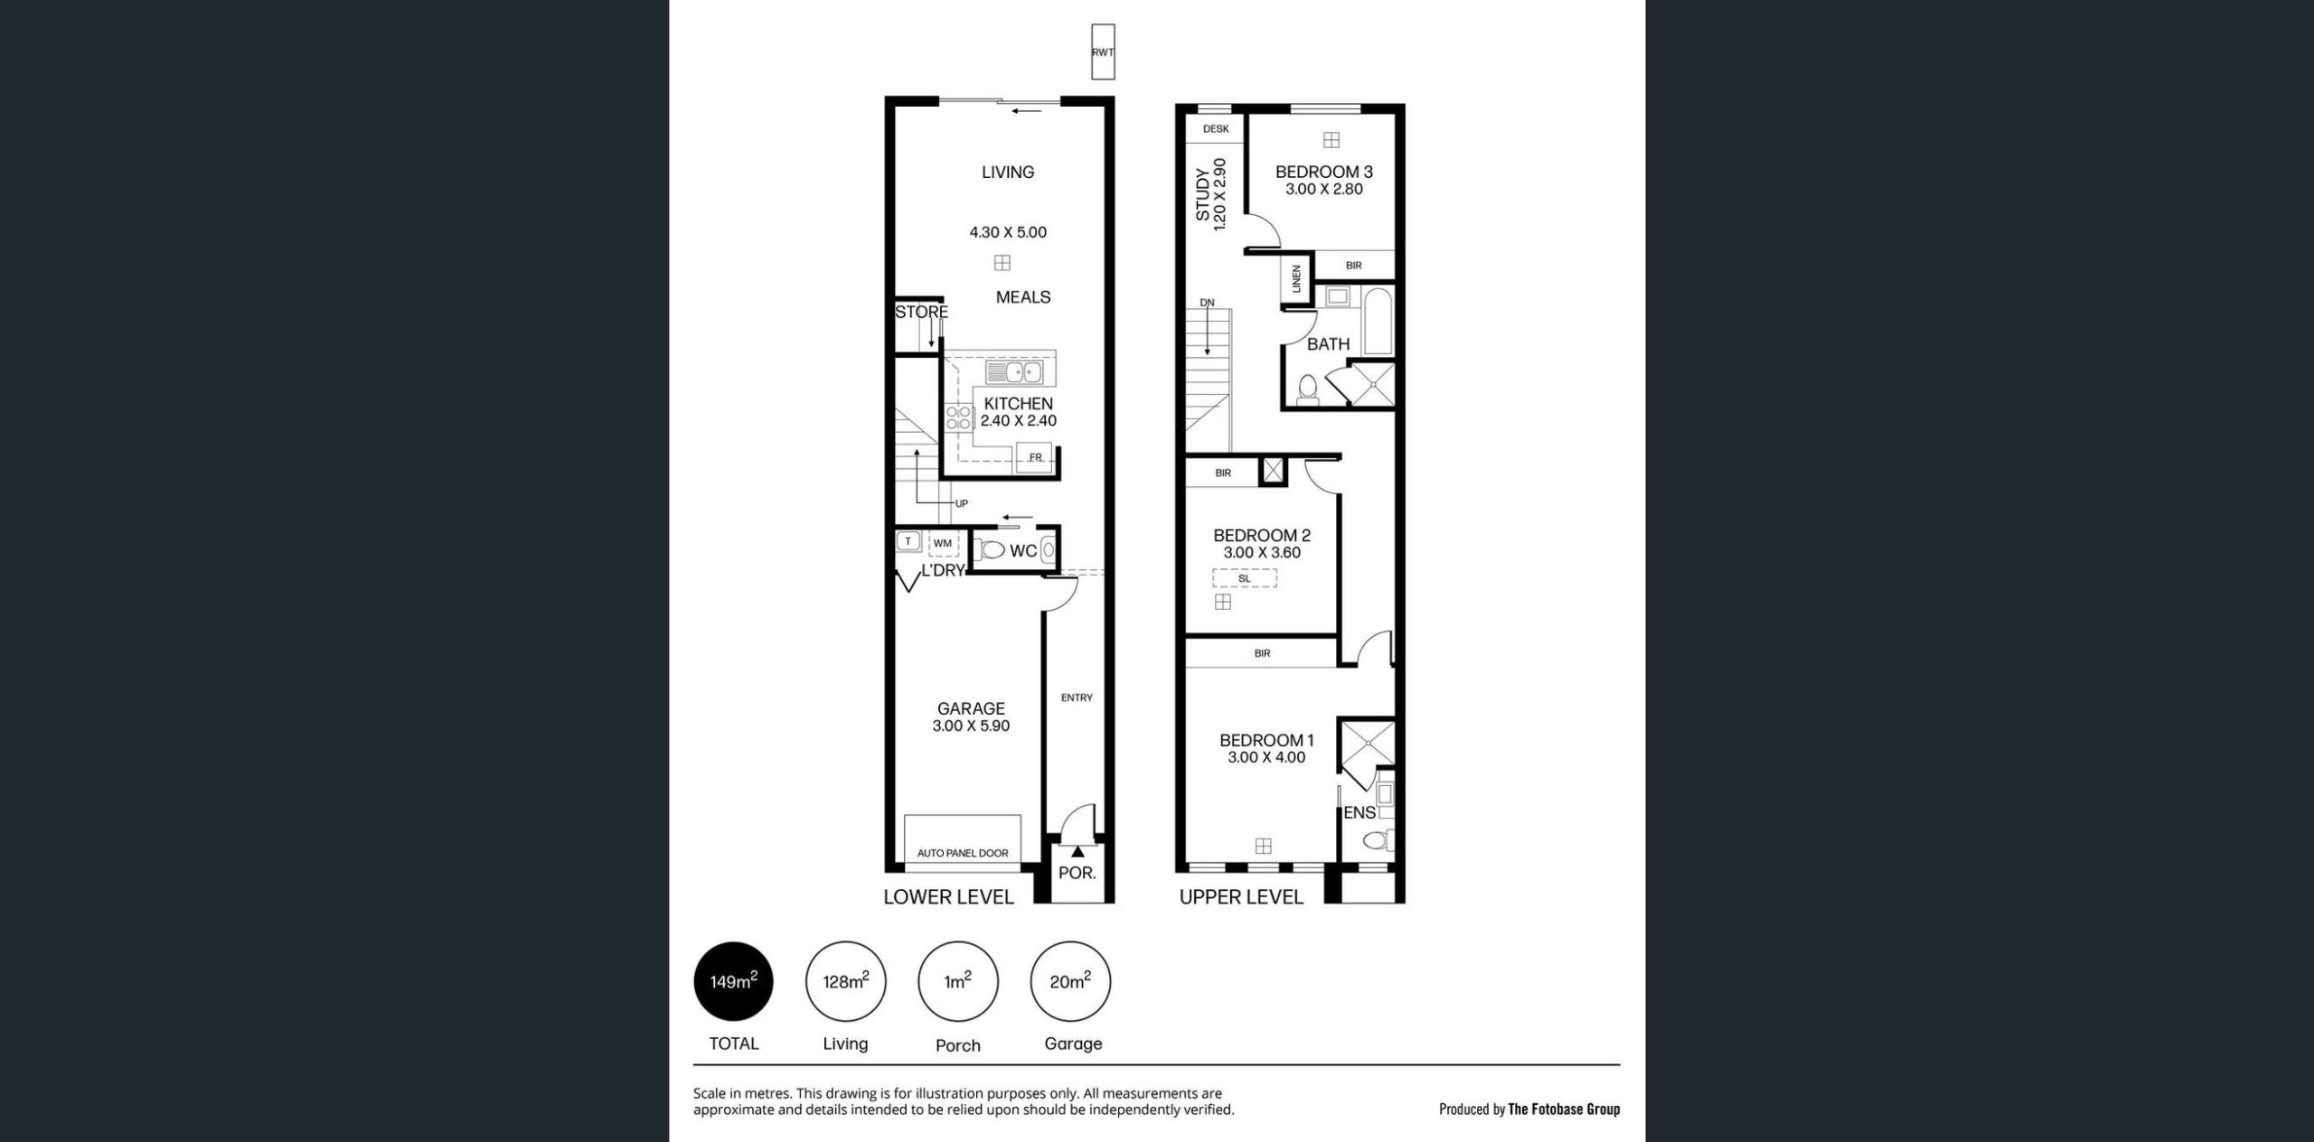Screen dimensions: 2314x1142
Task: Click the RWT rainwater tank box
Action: click(x=1103, y=51)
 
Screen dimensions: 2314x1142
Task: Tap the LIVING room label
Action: click(x=1008, y=172)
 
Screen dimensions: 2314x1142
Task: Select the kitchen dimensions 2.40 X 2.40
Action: click(x=1019, y=420)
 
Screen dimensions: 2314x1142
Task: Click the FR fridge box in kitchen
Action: click(x=1035, y=456)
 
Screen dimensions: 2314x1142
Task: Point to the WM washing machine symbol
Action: click(x=943, y=543)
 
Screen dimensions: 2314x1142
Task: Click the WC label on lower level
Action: click(x=1023, y=551)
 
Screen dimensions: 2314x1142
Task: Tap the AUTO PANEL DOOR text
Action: click(x=963, y=853)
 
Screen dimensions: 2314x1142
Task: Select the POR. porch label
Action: click(x=1077, y=873)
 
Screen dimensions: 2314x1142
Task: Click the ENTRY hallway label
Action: click(x=1077, y=697)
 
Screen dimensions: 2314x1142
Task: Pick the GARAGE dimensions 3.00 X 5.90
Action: click(x=972, y=725)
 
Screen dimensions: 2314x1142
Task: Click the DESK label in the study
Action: click(x=1216, y=128)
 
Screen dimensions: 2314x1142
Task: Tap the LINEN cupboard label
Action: click(x=1296, y=279)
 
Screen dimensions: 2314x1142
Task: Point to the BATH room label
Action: click(x=1328, y=344)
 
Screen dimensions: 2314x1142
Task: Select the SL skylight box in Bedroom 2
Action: click(x=1245, y=578)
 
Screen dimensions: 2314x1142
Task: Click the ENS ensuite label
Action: click(x=1359, y=812)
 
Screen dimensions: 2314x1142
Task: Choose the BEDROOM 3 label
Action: click(x=1324, y=172)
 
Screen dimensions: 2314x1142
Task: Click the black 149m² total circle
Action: click(x=733, y=981)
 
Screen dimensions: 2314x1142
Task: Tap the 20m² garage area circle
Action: click(x=1070, y=981)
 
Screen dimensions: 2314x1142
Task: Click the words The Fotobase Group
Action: click(x=1564, y=1109)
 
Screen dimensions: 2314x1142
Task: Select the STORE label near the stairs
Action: click(x=922, y=313)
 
